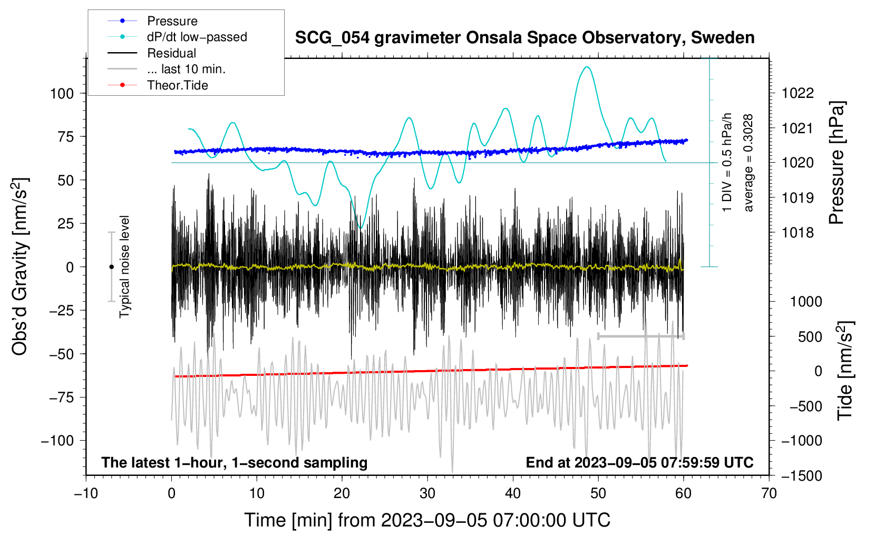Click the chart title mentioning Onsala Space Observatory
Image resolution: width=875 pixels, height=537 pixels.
[x=524, y=38]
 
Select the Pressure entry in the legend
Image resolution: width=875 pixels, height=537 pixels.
[x=172, y=21]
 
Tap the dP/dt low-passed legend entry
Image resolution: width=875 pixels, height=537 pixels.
[x=197, y=37]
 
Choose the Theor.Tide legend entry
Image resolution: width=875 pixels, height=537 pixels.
[x=177, y=85]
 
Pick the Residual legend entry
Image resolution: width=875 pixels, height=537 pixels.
[x=171, y=53]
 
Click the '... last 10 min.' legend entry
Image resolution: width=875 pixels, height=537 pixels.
[x=186, y=69]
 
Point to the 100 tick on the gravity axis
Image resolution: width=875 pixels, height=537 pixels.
[x=62, y=94]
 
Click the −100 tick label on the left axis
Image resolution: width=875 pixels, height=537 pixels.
[x=57, y=441]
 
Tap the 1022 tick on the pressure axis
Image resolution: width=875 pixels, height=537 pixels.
[x=798, y=94]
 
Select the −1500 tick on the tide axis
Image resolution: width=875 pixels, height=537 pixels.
[x=801, y=476]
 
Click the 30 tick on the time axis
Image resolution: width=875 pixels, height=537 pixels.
[x=427, y=494]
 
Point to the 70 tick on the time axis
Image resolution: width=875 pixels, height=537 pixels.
[x=769, y=494]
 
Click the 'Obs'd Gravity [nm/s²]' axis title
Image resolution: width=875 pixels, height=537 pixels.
[x=20, y=267]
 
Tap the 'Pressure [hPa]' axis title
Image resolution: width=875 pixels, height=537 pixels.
[x=837, y=163]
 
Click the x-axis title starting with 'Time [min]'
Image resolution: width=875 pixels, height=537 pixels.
[x=427, y=520]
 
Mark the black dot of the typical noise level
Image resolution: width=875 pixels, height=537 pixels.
[x=111, y=267]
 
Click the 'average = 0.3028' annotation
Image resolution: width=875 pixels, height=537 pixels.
[x=748, y=163]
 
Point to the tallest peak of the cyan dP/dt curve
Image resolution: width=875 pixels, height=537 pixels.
[x=587, y=67]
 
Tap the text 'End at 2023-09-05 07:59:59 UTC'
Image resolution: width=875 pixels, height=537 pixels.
[x=639, y=463]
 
